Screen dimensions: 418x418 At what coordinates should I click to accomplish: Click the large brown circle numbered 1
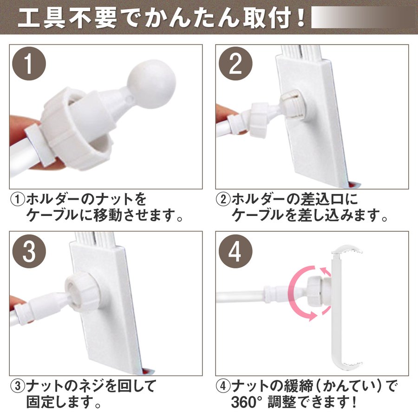pos(29,64)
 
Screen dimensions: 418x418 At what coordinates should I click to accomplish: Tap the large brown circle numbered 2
pos(235,64)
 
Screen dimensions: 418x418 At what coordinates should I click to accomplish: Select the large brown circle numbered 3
pos(29,251)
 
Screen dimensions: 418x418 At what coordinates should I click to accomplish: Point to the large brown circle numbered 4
pos(235,251)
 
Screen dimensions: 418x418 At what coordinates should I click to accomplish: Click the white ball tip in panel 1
pos(151,84)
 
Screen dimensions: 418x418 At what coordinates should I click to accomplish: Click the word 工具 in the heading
pos(41,18)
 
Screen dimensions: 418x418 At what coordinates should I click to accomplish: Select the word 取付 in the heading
pos(267,18)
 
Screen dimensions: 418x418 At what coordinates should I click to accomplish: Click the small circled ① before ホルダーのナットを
pos(18,199)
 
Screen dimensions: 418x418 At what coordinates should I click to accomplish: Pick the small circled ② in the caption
pos(223,199)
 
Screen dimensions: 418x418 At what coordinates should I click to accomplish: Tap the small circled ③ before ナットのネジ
pos(18,386)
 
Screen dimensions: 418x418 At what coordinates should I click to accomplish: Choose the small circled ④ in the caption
pos(223,386)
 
